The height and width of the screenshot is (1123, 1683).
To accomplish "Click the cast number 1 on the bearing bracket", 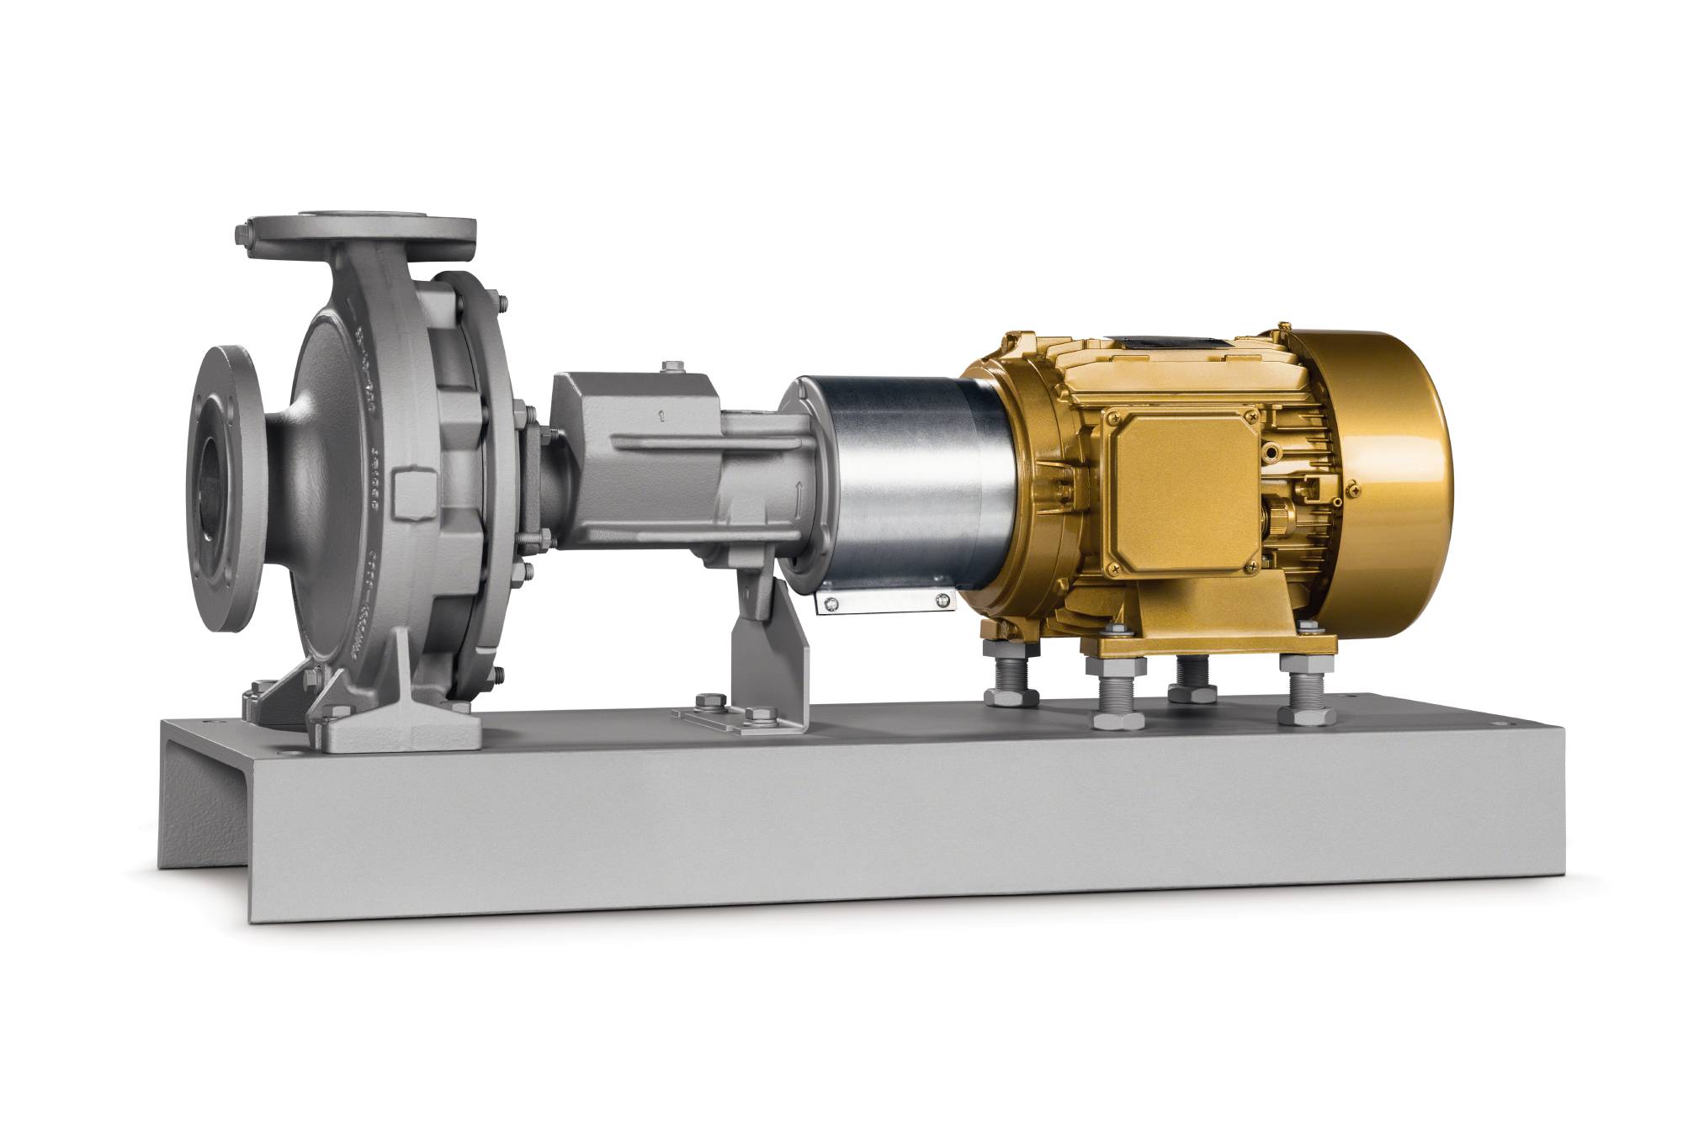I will click(663, 415).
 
